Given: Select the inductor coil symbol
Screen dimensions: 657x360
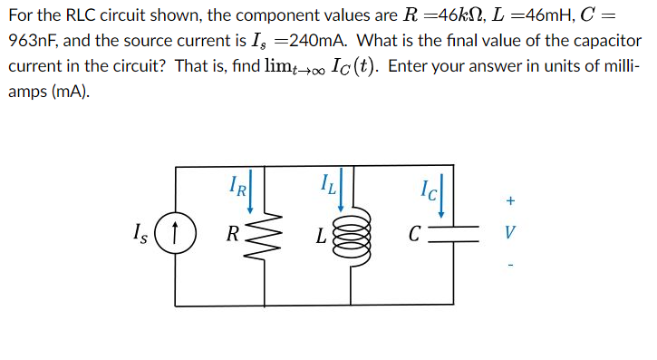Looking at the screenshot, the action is tap(352, 238).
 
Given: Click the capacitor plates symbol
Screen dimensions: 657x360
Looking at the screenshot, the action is tap(454, 234).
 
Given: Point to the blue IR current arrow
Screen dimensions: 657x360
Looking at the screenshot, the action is tap(250, 191).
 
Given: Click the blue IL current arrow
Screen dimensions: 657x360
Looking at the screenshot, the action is tap(341, 190).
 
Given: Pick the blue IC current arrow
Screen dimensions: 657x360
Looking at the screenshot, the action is tap(441, 196).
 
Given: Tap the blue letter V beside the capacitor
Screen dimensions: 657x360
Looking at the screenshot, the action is tap(509, 232).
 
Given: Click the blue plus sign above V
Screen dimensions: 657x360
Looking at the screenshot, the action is tap(510, 200).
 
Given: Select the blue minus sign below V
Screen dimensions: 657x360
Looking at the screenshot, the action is tap(510, 265).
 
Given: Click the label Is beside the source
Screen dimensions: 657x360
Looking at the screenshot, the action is tap(140, 233).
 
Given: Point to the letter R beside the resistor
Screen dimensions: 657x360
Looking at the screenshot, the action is tap(233, 233).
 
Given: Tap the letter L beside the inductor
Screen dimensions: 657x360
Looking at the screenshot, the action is tap(321, 236).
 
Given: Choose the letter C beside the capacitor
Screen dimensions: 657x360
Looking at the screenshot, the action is tap(414, 234).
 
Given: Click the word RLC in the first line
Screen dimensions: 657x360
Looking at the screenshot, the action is tap(81, 15).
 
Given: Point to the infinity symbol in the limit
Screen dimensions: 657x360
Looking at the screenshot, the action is tap(318, 72).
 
